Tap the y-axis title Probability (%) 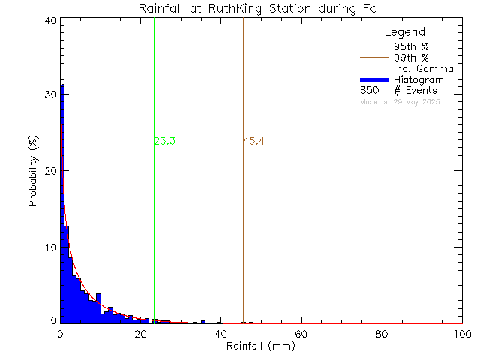(x=34, y=172)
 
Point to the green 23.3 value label (x=164, y=142)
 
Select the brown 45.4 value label (x=254, y=142)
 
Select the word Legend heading (x=404, y=33)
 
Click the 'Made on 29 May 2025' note (x=400, y=101)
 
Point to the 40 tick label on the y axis (x=50, y=21)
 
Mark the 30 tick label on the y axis (x=50, y=95)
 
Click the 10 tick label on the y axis (x=50, y=247)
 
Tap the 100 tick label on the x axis (x=462, y=334)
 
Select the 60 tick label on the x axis (x=301, y=334)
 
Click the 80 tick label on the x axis (x=382, y=334)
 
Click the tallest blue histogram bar (x=62, y=202)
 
